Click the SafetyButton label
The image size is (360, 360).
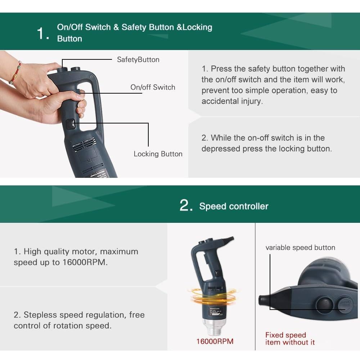138,60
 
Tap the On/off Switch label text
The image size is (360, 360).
153,87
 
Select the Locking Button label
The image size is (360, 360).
158,154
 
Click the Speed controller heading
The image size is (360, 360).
234,206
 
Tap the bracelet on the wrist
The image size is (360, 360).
15,73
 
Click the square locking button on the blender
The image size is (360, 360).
71,124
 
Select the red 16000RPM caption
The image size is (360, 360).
215,341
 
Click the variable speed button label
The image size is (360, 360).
300,248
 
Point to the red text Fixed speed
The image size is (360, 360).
285,335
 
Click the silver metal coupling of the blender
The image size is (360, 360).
214,327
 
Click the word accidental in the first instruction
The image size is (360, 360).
220,101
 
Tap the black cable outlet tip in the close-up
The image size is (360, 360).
262,300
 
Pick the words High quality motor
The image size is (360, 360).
61,252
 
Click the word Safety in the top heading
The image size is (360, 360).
134,27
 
